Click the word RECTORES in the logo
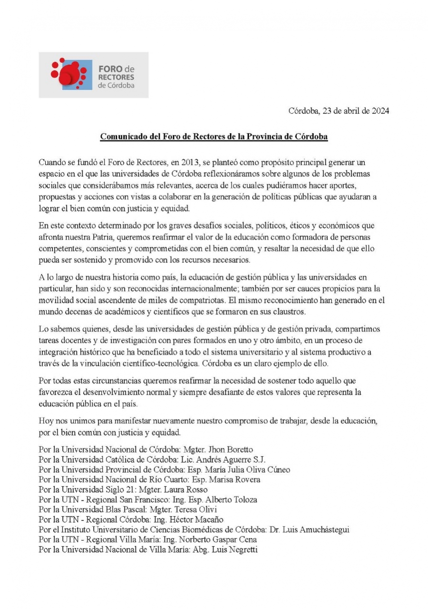(x=116, y=77)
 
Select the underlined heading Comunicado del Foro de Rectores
(x=214, y=137)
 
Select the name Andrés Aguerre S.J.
(x=236, y=459)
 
